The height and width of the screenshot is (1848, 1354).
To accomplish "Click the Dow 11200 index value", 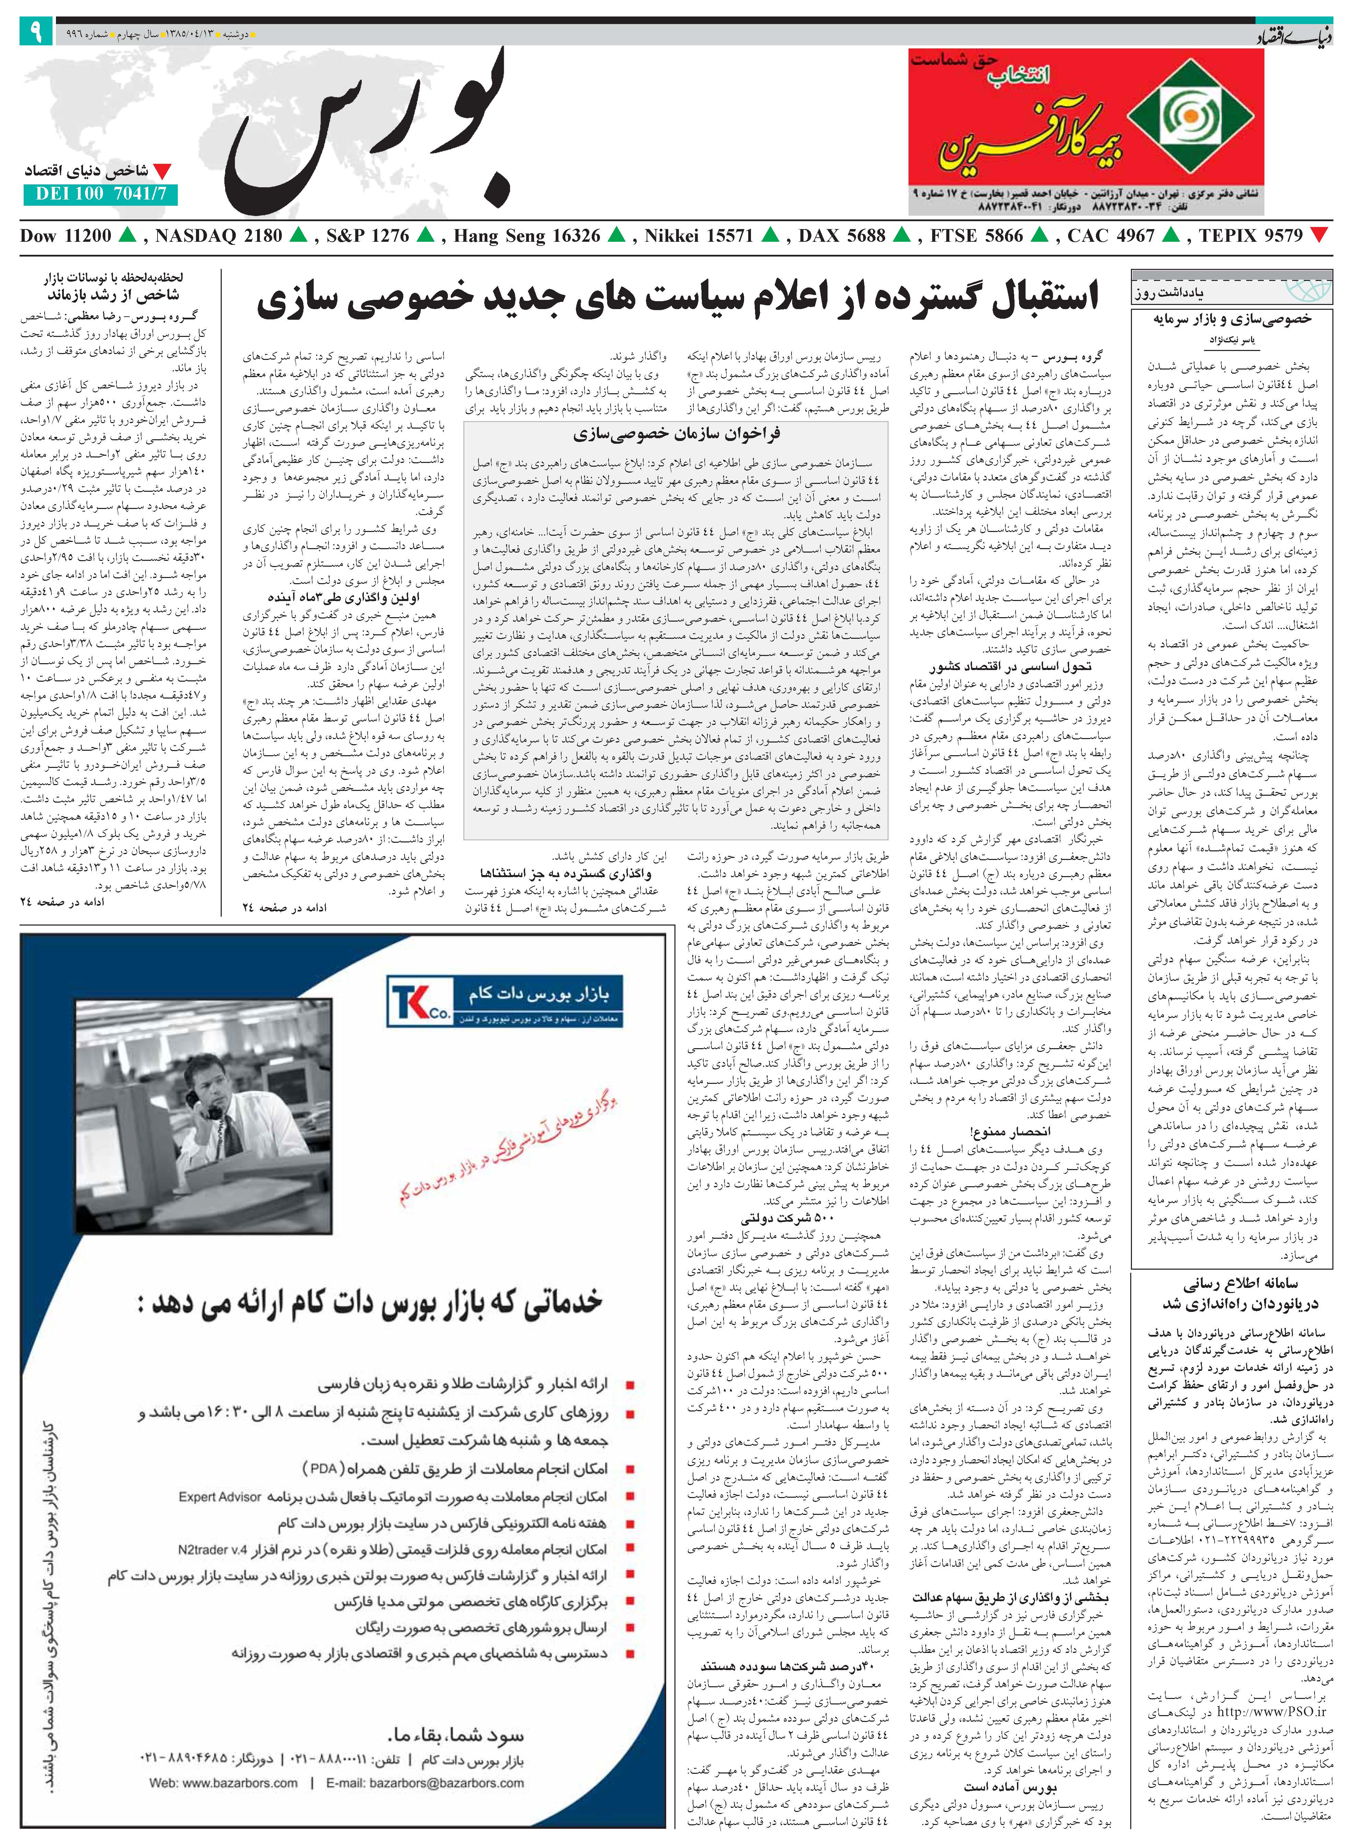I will coord(66,236).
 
